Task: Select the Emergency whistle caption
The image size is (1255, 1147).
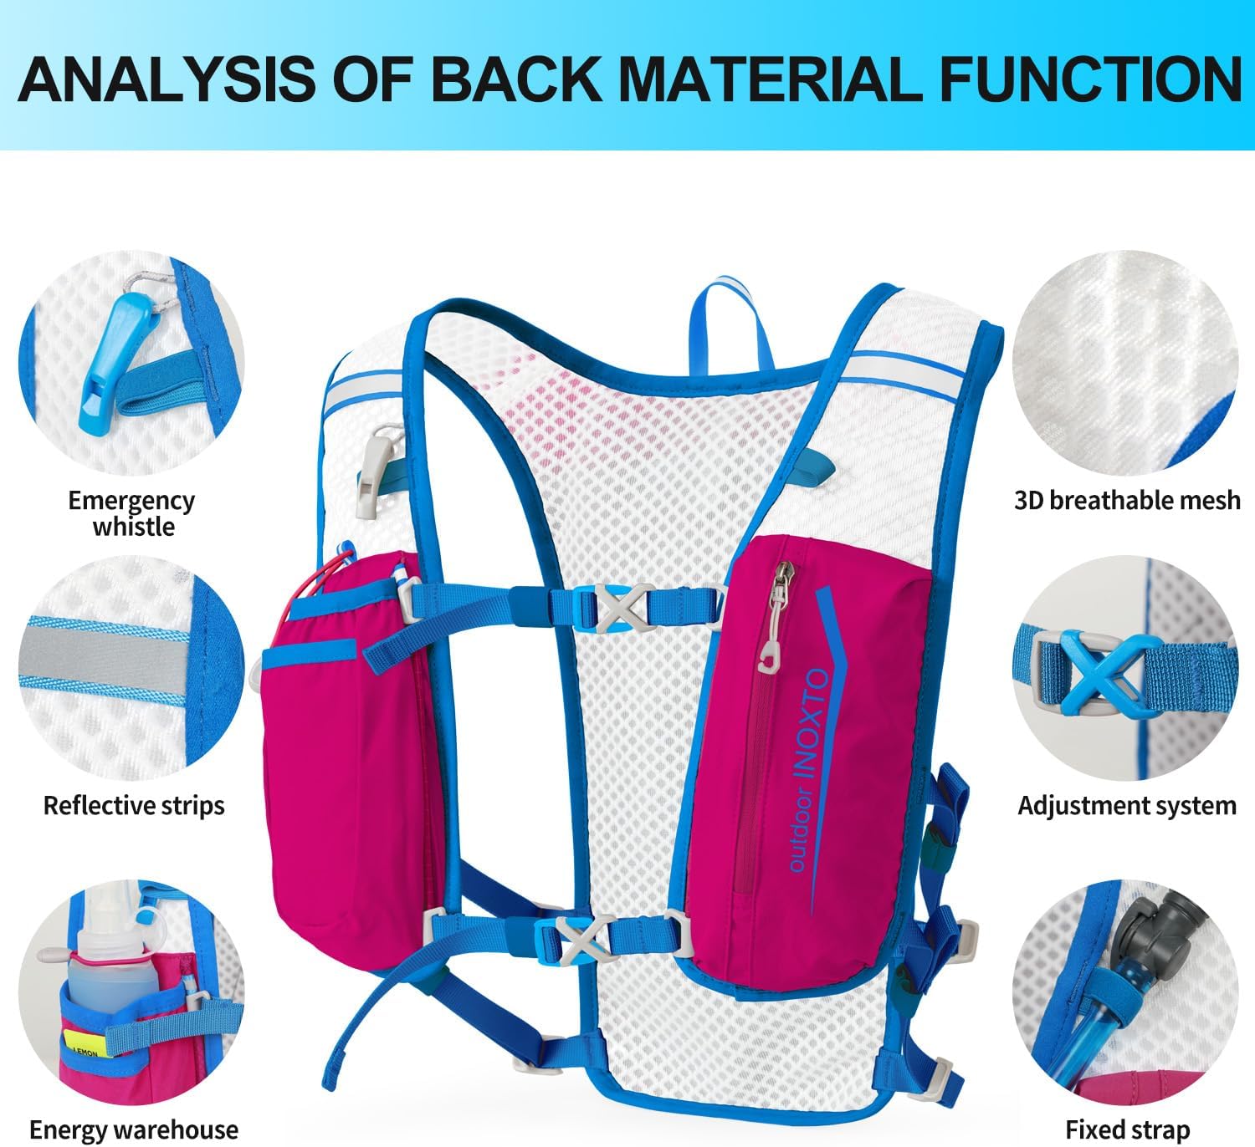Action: click(132, 513)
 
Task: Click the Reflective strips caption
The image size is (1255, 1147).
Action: click(134, 805)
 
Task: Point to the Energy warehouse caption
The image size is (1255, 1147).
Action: click(134, 1129)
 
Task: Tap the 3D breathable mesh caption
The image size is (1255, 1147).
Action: click(1127, 500)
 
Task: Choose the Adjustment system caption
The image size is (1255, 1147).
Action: click(1127, 805)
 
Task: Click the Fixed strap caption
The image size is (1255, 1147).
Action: click(1127, 1129)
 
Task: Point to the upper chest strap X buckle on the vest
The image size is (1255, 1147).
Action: click(617, 609)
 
